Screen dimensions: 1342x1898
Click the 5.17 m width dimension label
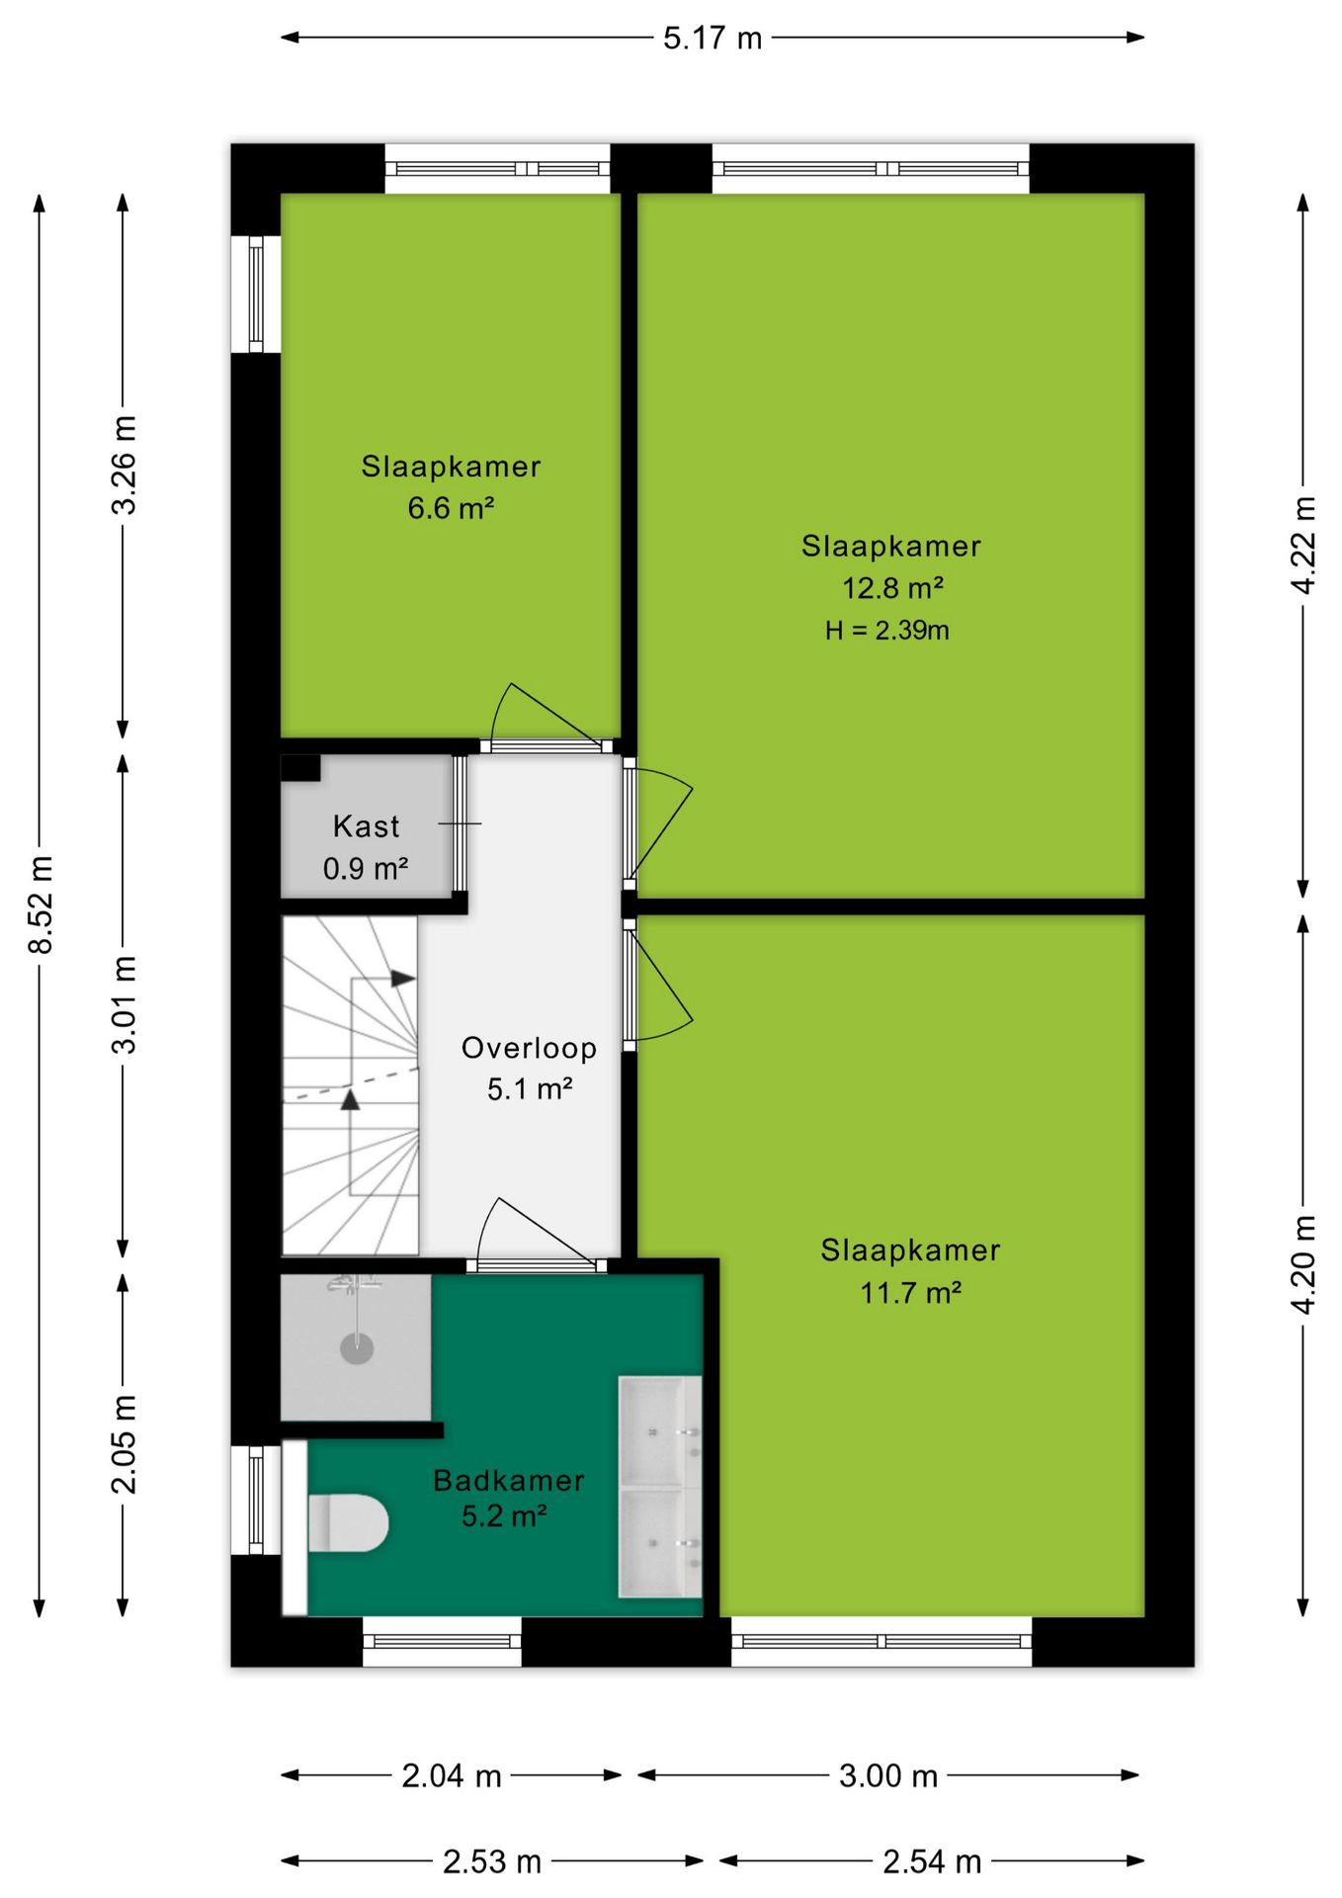713,39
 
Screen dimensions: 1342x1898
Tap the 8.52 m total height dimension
41,906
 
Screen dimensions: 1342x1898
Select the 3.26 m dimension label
124,466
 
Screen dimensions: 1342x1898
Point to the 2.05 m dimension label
124,1444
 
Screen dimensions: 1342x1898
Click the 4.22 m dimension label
1303,546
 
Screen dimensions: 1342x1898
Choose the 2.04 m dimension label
452,1776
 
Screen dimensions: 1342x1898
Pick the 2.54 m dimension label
932,1862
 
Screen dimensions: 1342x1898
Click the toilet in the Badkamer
347,1522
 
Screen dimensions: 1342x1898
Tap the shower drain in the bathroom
357,1347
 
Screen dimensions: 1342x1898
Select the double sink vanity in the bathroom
660,1486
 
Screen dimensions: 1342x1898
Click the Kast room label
367,826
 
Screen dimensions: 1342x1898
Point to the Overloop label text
530,1048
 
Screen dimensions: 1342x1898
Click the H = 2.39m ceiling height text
887,631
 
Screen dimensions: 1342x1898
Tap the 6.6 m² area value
451,508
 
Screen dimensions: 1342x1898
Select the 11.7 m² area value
911,1293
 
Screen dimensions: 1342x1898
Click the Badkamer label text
509,1480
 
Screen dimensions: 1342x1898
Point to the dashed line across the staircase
352,1083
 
